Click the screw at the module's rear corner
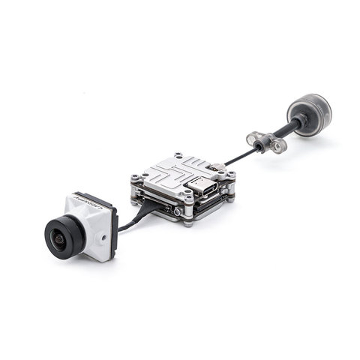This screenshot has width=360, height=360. tap(178, 155)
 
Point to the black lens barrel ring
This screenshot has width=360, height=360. tap(64, 232)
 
